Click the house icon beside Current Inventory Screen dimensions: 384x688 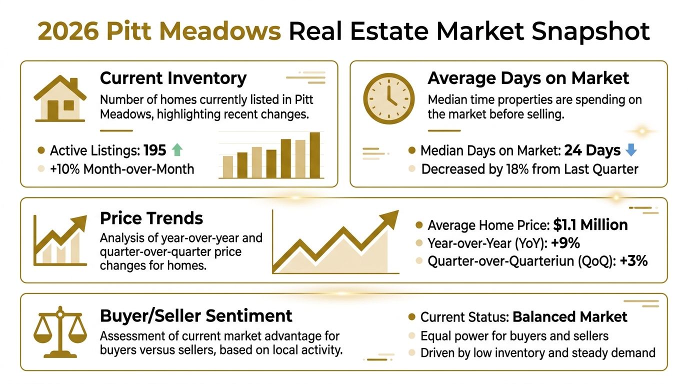click(59, 98)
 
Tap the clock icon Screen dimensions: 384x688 click(388, 99)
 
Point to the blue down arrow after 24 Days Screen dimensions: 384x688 click(630, 150)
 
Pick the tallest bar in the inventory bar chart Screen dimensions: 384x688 click(314, 155)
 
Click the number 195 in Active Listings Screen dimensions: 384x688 click(154, 150)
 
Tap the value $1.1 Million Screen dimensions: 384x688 click(590, 225)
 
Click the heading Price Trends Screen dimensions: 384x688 click(151, 218)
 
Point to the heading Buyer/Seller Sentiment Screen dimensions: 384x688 click(196, 316)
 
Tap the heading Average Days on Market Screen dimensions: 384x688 click(528, 78)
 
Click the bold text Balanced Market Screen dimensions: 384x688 click(570, 317)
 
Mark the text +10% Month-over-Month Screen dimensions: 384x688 click(121, 169)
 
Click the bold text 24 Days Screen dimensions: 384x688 click(592, 150)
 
